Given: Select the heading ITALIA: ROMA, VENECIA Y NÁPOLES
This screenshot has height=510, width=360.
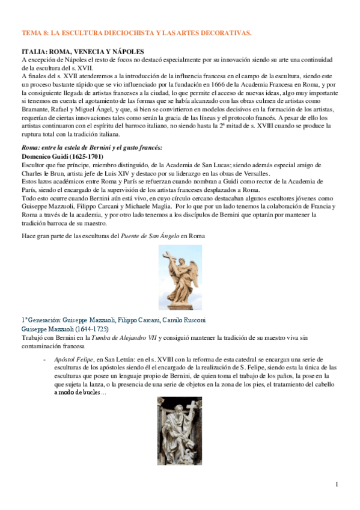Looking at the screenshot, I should (x=83, y=52).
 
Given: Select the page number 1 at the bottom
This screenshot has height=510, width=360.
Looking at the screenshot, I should (x=337, y=484).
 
